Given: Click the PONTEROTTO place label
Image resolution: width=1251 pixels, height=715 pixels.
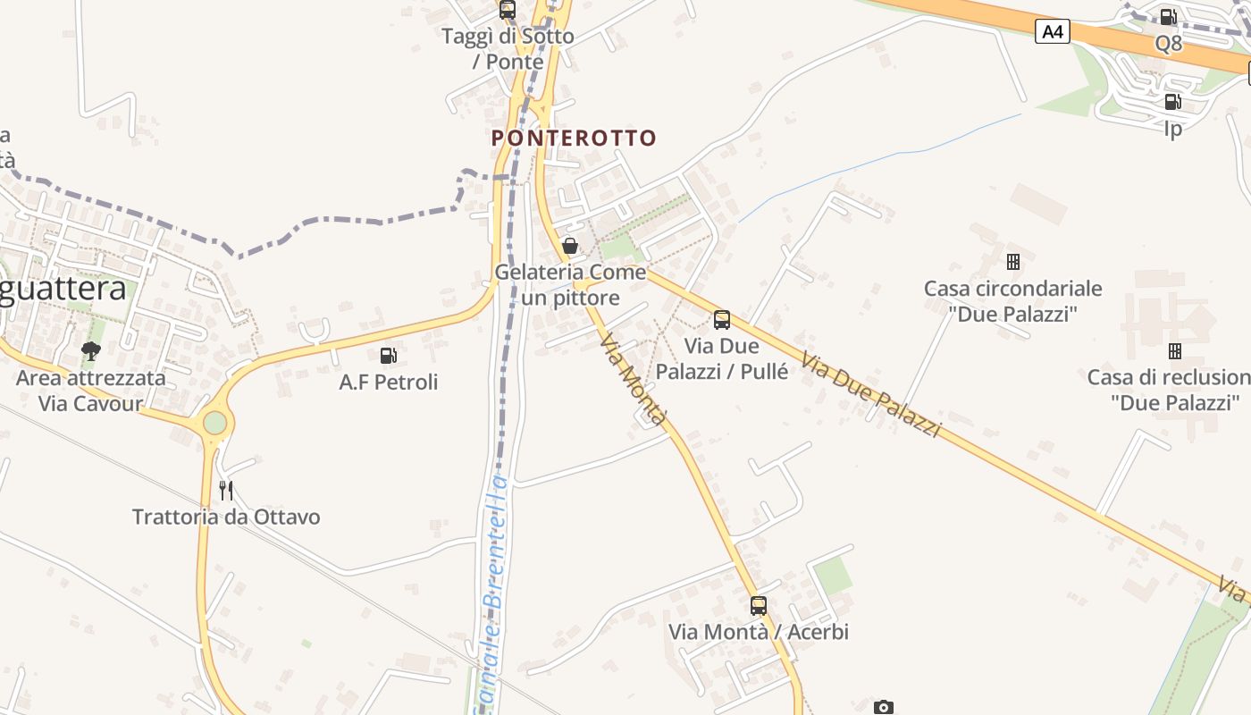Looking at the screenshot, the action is point(574,138).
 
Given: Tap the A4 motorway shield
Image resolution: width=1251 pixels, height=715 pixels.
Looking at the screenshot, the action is point(1053,31).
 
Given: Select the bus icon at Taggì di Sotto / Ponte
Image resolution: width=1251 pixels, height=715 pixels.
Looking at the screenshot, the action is point(508,10).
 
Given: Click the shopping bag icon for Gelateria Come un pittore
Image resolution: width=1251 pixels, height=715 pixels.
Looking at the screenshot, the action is point(570,245).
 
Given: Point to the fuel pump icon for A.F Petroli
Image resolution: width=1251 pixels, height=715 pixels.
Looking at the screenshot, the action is point(388,356).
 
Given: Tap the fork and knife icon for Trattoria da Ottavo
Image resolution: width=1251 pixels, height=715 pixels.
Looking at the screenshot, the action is point(226,490).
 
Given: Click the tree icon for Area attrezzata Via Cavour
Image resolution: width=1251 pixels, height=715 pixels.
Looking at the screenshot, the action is point(90,350).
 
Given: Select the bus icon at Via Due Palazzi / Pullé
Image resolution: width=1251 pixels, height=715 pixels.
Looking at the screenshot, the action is point(722,319).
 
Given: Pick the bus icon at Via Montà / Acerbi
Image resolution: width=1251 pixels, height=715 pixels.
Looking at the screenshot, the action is point(759,605).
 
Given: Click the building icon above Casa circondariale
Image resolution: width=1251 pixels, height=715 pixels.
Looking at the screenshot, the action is point(1013,262).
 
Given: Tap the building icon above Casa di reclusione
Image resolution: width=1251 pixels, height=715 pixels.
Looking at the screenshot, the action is point(1175,351).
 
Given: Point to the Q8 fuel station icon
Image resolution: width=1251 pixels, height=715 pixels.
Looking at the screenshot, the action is point(1168,17).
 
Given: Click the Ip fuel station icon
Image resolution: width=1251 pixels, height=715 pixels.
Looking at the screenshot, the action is point(1172,102).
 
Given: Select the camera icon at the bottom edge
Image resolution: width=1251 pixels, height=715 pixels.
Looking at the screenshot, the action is point(883,707).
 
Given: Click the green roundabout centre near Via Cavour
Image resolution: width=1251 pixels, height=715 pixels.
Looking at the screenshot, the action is point(214,423).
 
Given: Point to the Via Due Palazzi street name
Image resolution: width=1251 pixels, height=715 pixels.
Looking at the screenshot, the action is point(871,394).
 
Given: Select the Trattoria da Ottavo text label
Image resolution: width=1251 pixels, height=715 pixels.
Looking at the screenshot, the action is point(226,517).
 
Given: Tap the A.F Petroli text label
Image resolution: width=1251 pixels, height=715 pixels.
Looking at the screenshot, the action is point(389,383).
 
